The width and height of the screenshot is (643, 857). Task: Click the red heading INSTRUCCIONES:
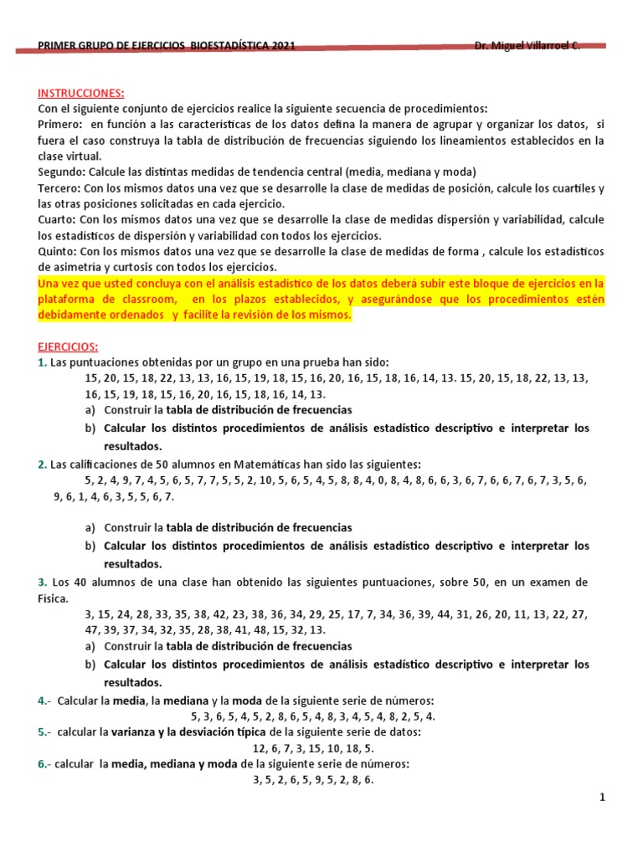pos(80,94)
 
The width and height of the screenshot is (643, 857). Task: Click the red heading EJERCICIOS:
pos(68,346)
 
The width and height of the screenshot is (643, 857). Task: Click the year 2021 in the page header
pos(282,48)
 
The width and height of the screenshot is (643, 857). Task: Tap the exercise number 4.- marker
pos(44,700)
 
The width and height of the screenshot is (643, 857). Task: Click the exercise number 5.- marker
pos(44,731)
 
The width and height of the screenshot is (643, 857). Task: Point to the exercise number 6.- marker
pos(44,763)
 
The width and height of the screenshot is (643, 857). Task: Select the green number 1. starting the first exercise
pos(42,362)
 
